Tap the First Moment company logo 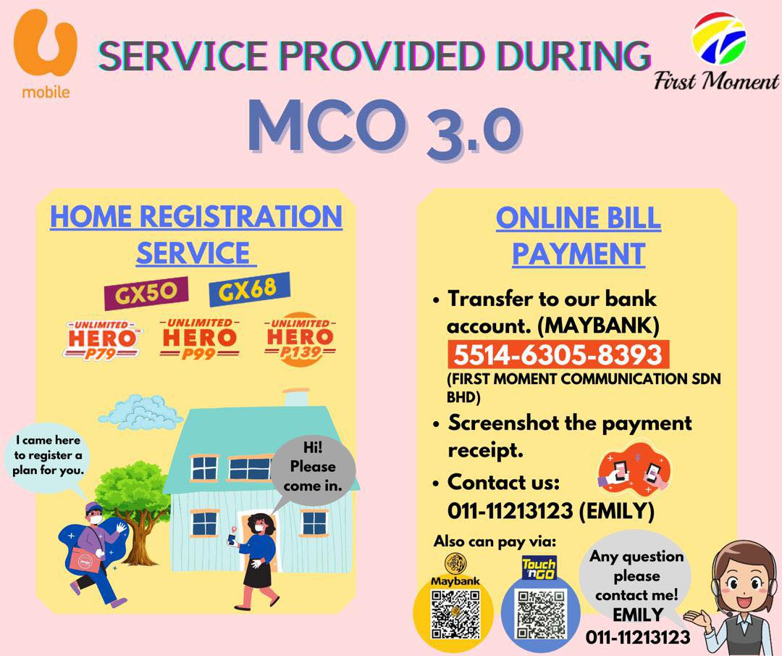click(x=716, y=52)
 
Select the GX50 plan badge click(x=146, y=293)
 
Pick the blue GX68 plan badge click(x=249, y=289)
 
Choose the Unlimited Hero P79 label click(x=102, y=339)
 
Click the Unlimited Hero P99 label click(x=199, y=338)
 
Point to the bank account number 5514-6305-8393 click(x=558, y=354)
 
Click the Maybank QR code click(x=455, y=615)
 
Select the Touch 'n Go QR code click(x=541, y=615)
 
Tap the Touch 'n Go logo click(x=539, y=568)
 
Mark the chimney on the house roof click(x=296, y=397)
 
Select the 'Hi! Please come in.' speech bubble click(x=314, y=472)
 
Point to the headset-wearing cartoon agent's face click(x=743, y=581)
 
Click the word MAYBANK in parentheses click(x=599, y=326)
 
